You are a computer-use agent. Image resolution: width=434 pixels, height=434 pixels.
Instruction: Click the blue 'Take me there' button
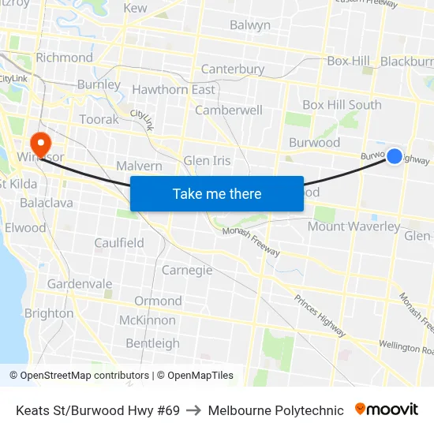pyautogui.click(x=217, y=193)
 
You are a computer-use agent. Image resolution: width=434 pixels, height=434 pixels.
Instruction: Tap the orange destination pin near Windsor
pyautogui.click(x=39, y=144)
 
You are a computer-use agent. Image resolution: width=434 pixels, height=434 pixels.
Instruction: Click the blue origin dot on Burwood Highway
pyautogui.click(x=395, y=156)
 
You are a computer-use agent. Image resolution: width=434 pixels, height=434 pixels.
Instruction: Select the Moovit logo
pyautogui.click(x=387, y=410)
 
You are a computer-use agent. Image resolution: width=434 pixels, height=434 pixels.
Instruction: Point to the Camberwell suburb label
pyautogui.click(x=229, y=110)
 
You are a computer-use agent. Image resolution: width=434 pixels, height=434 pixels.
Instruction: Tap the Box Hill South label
pyautogui.click(x=342, y=105)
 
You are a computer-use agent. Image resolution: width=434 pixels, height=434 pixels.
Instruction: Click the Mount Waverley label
pyautogui.click(x=354, y=226)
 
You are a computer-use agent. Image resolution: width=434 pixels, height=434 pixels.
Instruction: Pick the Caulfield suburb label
pyautogui.click(x=118, y=243)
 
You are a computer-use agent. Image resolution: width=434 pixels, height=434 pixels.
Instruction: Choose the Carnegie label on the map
pyautogui.click(x=187, y=270)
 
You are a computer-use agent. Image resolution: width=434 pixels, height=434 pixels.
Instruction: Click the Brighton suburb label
pyautogui.click(x=49, y=313)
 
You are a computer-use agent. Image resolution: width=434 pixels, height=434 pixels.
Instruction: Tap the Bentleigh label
pyautogui.click(x=153, y=343)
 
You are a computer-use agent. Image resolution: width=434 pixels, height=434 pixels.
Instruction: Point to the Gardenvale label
pyautogui.click(x=80, y=283)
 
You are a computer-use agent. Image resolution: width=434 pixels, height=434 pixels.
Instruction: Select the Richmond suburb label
pyautogui.click(x=64, y=58)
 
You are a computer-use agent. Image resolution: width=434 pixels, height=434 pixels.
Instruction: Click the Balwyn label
pyautogui.click(x=250, y=25)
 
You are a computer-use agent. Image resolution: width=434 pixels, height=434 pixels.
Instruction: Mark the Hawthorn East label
pyautogui.click(x=173, y=90)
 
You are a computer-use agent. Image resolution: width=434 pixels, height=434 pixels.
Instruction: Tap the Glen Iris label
pyautogui.click(x=207, y=161)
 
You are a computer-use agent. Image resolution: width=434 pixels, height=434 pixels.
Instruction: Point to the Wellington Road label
pyautogui.click(x=406, y=345)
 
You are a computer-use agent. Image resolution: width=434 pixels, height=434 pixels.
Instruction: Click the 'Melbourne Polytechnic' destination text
pyautogui.click(x=276, y=410)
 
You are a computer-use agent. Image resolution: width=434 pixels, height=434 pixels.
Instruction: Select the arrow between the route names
pyautogui.click(x=194, y=410)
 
